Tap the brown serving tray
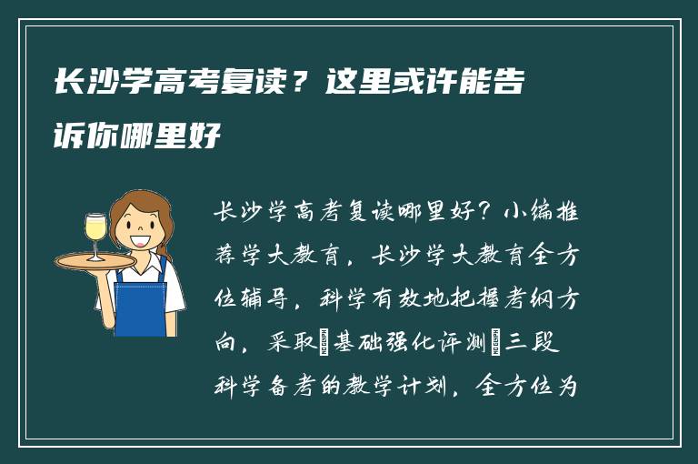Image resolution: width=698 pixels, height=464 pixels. tap(95, 261)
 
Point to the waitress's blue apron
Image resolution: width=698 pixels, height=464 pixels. tap(141, 300)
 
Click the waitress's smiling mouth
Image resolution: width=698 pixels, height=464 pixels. tap(140, 241)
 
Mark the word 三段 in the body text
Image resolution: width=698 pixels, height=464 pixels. tap(544, 343)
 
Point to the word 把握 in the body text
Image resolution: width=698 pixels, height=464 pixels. tap(476, 299)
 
